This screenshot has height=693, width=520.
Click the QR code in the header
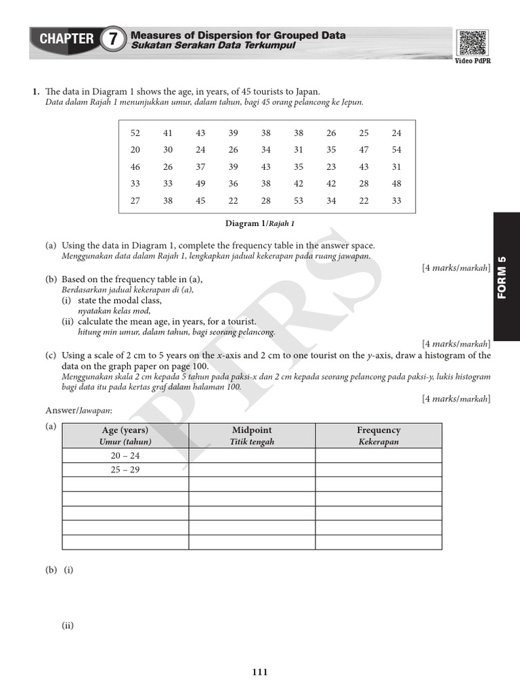click(x=472, y=42)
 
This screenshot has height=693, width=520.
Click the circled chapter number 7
click(x=113, y=39)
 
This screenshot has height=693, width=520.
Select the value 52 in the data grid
click(x=135, y=133)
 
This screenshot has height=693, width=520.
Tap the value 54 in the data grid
click(x=396, y=150)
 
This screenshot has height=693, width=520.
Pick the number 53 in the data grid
click(x=299, y=200)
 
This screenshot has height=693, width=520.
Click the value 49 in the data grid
click(x=200, y=183)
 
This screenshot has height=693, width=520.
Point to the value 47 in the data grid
click(x=364, y=150)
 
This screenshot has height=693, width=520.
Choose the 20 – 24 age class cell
click(x=125, y=455)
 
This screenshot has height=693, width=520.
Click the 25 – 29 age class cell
click(x=125, y=470)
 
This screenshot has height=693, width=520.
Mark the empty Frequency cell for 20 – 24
click(x=378, y=455)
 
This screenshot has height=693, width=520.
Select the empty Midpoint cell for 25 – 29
click(x=252, y=470)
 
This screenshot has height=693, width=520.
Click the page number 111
click(x=260, y=672)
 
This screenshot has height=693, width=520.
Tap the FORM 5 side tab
click(x=502, y=276)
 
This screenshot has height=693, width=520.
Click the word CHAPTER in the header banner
click(x=66, y=39)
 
